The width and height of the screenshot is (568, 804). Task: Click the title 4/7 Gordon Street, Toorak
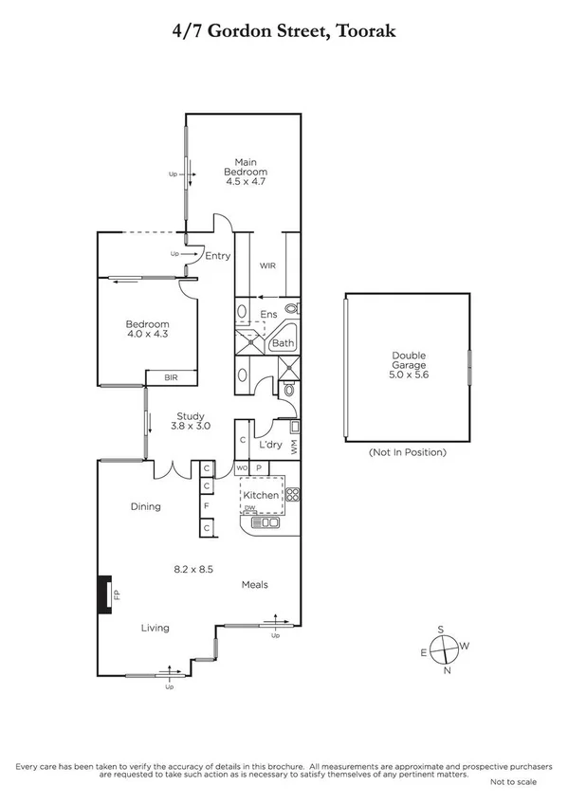pyautogui.click(x=284, y=32)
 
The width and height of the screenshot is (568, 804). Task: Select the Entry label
pyautogui.click(x=217, y=255)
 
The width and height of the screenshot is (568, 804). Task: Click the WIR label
pyautogui.click(x=267, y=266)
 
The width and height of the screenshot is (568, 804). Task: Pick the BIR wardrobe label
pyautogui.click(x=171, y=377)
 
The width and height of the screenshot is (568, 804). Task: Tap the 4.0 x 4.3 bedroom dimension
pyautogui.click(x=147, y=334)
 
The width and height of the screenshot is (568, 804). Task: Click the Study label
pyautogui.click(x=191, y=415)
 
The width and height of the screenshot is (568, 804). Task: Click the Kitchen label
pyautogui.click(x=261, y=495)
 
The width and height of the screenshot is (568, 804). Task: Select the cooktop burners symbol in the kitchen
pyautogui.click(x=292, y=494)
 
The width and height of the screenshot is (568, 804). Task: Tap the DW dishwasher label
pyautogui.click(x=250, y=508)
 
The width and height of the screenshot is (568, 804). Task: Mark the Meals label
pyautogui.click(x=256, y=584)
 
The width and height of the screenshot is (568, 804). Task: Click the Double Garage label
pyautogui.click(x=410, y=360)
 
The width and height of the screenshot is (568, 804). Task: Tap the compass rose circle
pyautogui.click(x=443, y=649)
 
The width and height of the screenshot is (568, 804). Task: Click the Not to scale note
pyautogui.click(x=513, y=781)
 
